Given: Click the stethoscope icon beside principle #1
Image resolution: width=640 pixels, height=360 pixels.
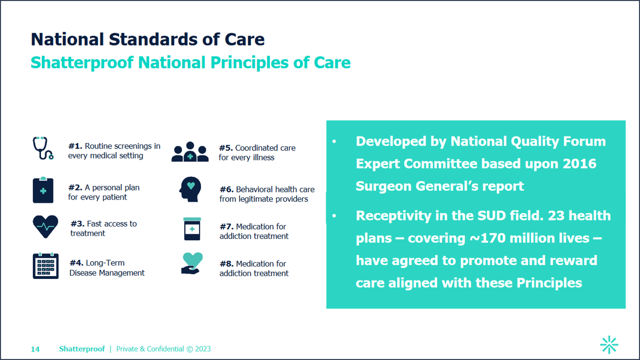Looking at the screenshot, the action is (43, 148).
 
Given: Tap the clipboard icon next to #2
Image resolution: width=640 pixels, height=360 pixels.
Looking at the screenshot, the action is (43, 189).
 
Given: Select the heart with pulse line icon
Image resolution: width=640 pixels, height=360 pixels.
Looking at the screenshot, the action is (45, 226).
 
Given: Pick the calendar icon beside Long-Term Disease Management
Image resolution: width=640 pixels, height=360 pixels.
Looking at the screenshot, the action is (45, 265).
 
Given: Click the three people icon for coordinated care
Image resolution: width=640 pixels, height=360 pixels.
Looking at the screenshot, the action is (190, 151).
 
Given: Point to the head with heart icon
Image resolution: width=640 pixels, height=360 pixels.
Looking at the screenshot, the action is (190, 189).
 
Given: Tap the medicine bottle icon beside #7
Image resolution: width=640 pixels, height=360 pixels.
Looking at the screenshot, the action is (192, 229).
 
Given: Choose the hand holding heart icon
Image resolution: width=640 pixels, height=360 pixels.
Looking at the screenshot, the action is (191, 263).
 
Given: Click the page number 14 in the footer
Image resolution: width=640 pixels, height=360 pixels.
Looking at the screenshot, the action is (35, 349).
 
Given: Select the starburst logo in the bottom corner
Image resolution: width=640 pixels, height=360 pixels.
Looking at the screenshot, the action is (609, 344).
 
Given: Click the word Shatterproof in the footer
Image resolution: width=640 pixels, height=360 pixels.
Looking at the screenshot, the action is (82, 349).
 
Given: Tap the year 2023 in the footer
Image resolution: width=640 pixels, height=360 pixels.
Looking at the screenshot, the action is (203, 349).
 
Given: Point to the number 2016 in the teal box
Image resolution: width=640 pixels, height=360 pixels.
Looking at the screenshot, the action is (579, 163).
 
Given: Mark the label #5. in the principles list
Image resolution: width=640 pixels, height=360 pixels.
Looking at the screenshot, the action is (226, 148).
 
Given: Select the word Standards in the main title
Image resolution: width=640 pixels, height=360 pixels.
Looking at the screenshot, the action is (153, 39).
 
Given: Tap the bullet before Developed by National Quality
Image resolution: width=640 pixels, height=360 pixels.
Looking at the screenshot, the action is (334, 141).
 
